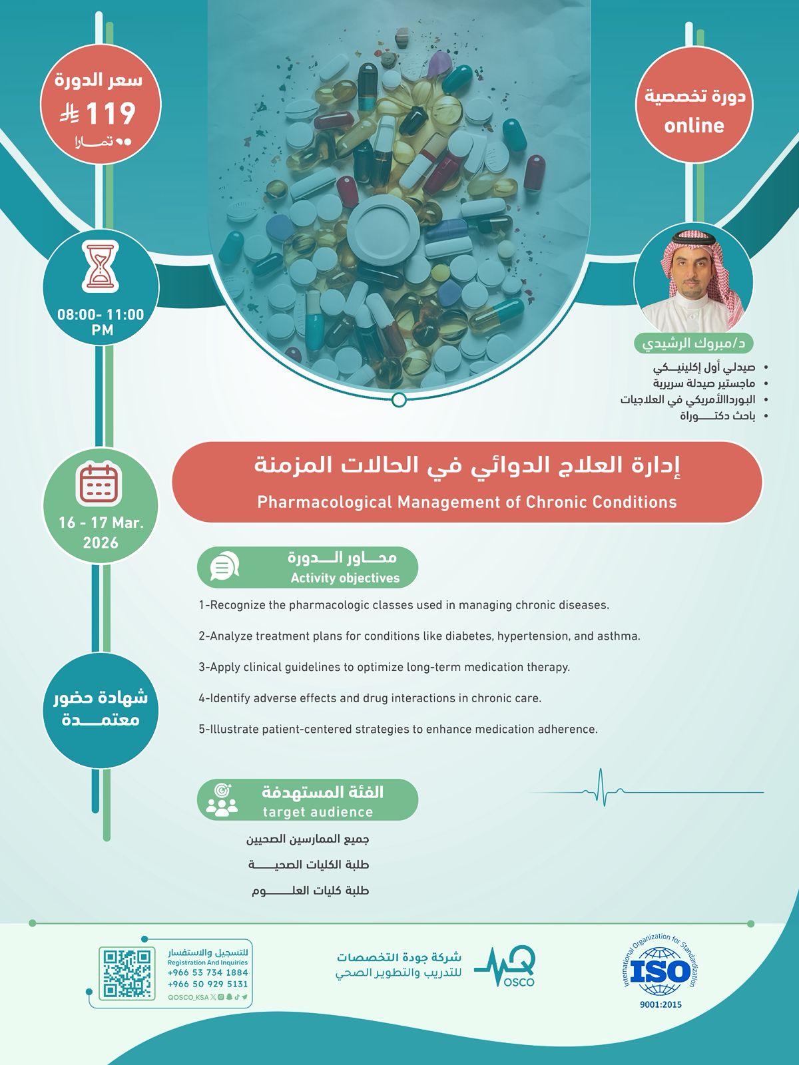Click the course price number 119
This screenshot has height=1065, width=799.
(x=111, y=113)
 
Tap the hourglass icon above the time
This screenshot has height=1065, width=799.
(x=101, y=267)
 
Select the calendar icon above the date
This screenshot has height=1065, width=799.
(x=99, y=483)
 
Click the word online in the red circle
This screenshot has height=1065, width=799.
(x=694, y=125)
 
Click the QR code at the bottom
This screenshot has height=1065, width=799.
(x=127, y=973)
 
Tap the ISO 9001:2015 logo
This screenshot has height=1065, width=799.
(x=660, y=972)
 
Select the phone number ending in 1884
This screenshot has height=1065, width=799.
(x=208, y=972)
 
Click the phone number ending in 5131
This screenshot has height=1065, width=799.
(x=208, y=984)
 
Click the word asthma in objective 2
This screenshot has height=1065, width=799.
(x=617, y=636)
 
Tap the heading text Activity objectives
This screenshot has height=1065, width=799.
(x=345, y=578)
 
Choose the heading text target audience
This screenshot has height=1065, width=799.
(x=318, y=812)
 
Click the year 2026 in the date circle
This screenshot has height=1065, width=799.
(x=101, y=543)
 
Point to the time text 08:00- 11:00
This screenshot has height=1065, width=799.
(x=101, y=315)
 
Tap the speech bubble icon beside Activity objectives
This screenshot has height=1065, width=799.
(x=223, y=567)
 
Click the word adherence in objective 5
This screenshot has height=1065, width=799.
(x=569, y=729)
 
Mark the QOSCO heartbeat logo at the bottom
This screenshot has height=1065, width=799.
(x=506, y=967)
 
